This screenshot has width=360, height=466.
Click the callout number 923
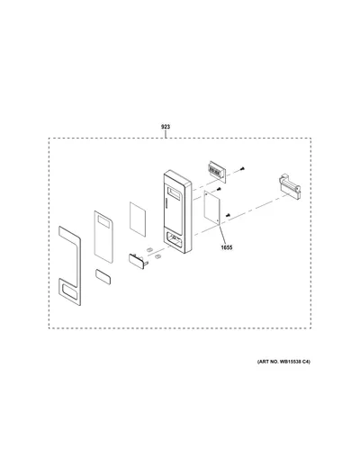[166, 127]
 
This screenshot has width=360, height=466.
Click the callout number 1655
[227, 247]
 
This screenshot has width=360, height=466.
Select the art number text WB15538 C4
[291, 362]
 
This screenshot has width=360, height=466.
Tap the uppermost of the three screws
[242, 169]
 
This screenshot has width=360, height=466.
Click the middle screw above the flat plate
[219, 189]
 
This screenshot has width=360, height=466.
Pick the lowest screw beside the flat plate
[228, 215]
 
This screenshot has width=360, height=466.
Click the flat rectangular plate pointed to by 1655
[211, 208]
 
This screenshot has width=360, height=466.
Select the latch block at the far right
[289, 186]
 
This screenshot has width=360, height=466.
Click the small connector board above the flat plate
[217, 171]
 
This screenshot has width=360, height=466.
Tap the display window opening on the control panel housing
[174, 193]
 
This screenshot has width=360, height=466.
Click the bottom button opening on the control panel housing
[174, 239]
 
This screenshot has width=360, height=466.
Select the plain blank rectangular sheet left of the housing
[138, 220]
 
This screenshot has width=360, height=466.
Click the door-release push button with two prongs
[138, 261]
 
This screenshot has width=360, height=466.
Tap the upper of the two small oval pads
[149, 250]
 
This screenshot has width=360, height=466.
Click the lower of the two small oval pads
[157, 256]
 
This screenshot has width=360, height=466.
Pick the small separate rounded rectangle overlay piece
[103, 276]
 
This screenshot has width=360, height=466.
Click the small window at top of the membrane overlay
[103, 222]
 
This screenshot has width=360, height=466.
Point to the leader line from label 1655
[222, 234]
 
